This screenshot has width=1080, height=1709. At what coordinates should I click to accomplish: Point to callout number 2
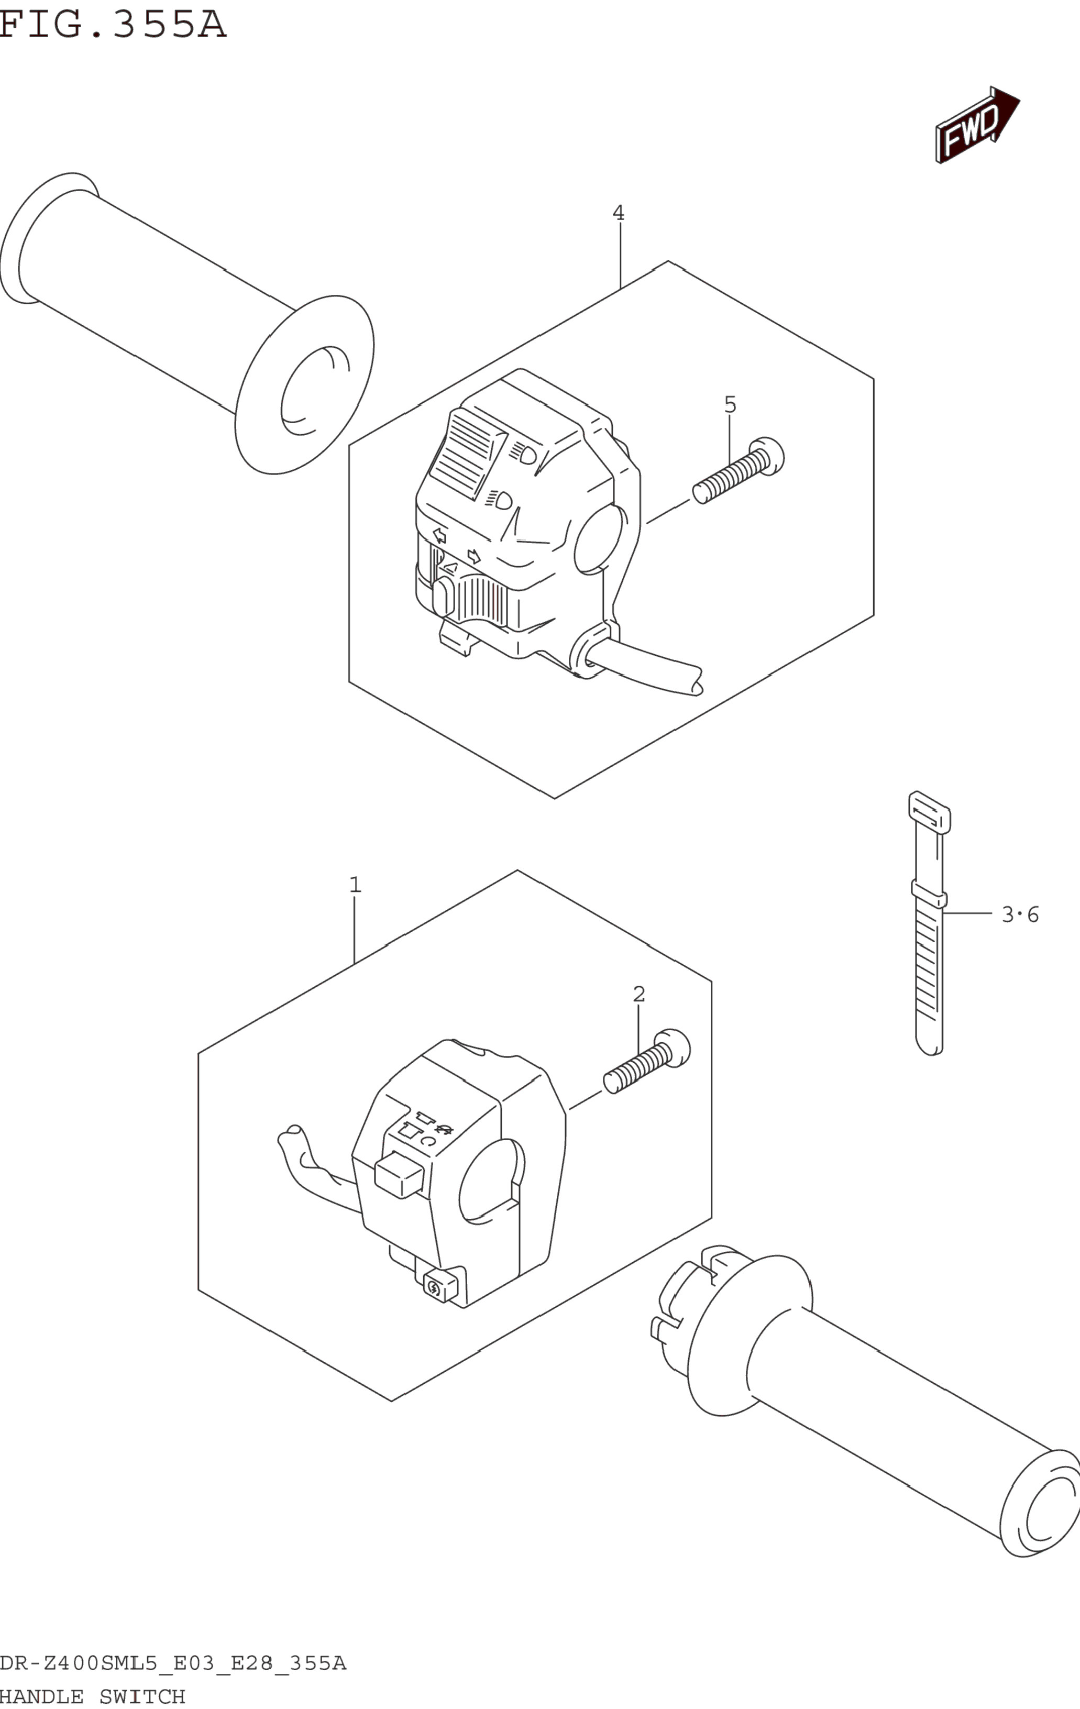(x=638, y=994)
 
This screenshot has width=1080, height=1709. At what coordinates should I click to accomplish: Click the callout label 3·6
(x=1020, y=915)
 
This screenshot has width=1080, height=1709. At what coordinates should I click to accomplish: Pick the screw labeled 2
(x=646, y=1065)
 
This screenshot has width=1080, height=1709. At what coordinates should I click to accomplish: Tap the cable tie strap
(x=929, y=923)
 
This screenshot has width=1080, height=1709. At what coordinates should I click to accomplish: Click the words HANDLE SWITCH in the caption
(x=92, y=1697)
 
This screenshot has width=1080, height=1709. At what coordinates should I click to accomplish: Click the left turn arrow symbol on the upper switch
(x=440, y=536)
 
